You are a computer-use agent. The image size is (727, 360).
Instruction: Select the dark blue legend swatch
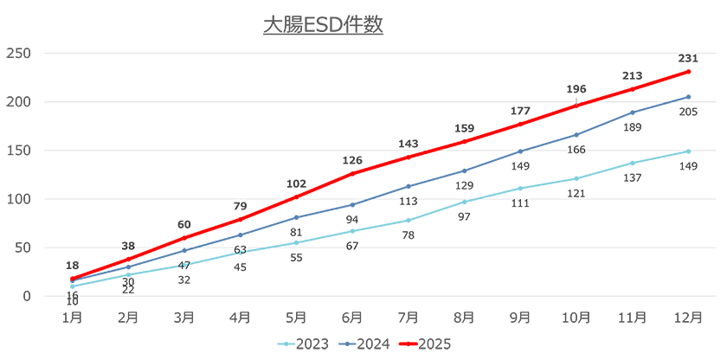pos(344,343)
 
